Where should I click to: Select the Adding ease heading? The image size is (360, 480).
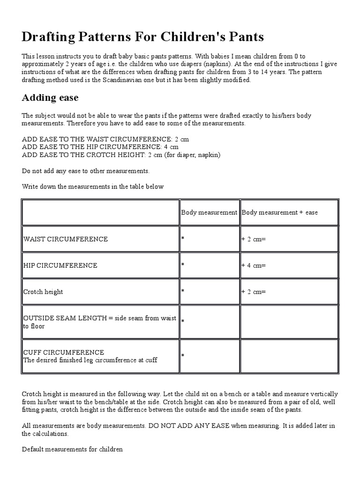tap(50, 98)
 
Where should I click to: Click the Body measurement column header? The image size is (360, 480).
tap(209, 212)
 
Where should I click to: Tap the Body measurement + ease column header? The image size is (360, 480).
tap(279, 212)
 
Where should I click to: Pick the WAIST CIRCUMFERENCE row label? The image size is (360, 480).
tap(66, 239)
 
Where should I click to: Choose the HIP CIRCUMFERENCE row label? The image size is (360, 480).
tap(60, 265)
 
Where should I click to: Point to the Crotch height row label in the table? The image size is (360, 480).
tap(43, 292)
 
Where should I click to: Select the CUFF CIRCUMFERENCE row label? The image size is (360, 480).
tap(64, 352)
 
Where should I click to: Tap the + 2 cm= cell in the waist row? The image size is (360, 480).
tap(254, 239)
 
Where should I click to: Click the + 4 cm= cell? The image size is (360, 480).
tap(254, 265)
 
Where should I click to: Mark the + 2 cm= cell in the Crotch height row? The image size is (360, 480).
tap(254, 292)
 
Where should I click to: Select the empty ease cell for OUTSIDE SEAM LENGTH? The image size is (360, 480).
tap(289, 322)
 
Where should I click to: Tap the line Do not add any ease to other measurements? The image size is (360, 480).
tap(86, 171)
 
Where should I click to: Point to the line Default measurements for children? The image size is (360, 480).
tap(72, 449)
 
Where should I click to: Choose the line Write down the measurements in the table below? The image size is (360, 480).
tap(93, 187)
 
